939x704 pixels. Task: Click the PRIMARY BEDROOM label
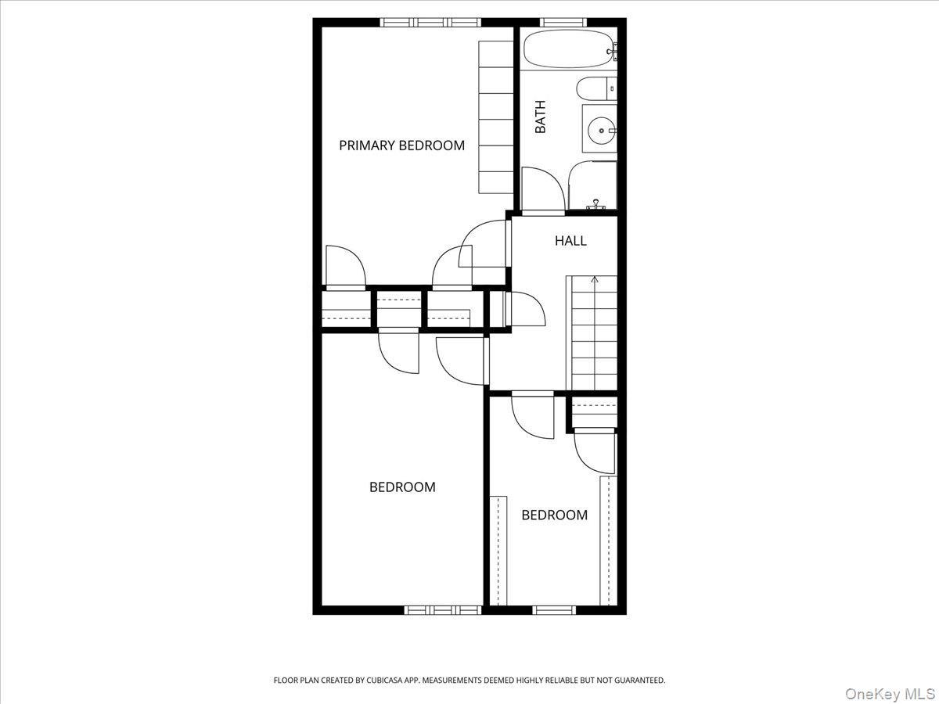pos(401,145)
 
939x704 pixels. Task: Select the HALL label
pos(570,241)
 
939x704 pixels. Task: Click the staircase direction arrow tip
pos(595,278)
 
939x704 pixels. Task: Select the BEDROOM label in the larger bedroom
pos(402,487)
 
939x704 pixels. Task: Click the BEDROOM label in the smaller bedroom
pos(554,515)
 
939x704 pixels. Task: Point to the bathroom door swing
pos(540,190)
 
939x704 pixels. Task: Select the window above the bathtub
pos(558,22)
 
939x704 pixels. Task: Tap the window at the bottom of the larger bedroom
pos(443,609)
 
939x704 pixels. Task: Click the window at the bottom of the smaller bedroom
pos(554,609)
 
